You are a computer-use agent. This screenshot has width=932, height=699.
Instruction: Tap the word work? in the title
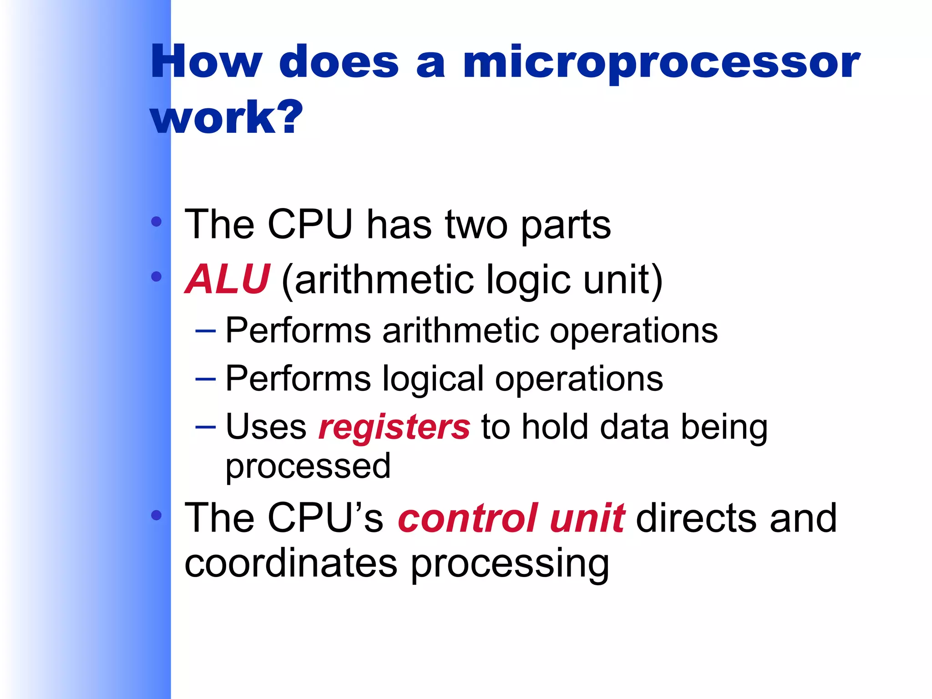pyautogui.click(x=226, y=117)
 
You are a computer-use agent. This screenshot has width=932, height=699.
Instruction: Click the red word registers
pyautogui.click(x=394, y=428)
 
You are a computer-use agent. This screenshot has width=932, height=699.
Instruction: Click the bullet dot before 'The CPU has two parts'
pyautogui.click(x=157, y=222)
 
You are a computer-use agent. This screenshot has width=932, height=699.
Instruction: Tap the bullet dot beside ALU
pyautogui.click(x=157, y=276)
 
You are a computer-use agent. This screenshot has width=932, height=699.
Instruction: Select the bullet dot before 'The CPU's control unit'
pyautogui.click(x=157, y=515)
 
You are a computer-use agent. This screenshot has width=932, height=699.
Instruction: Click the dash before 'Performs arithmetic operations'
pyautogui.click(x=205, y=331)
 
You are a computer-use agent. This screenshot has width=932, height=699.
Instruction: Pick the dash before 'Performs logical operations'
pyautogui.click(x=205, y=379)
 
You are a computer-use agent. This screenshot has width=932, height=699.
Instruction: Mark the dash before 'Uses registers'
pyautogui.click(x=205, y=427)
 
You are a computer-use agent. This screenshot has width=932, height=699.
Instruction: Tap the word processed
pyautogui.click(x=308, y=467)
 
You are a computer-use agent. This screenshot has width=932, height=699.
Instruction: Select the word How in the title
pyautogui.click(x=206, y=62)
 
